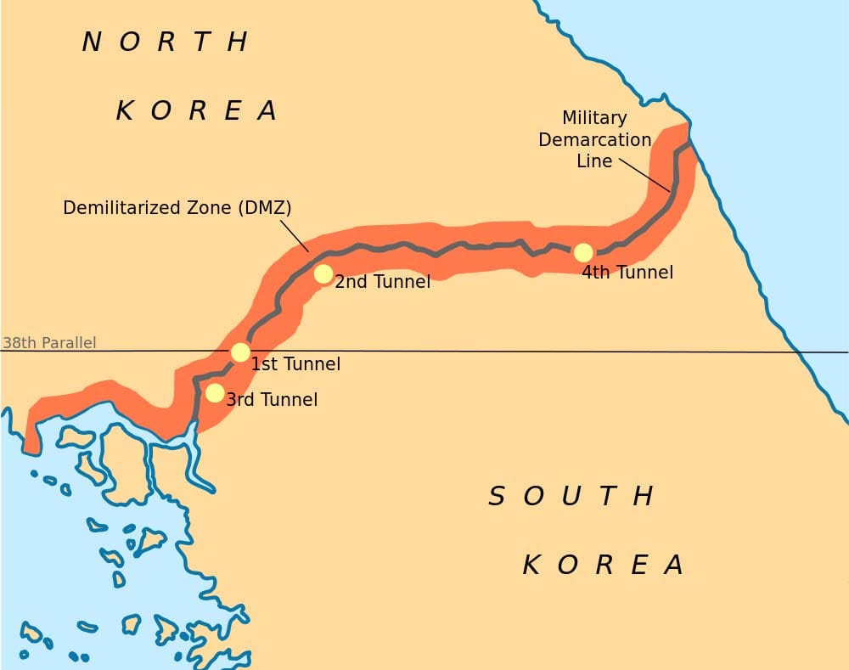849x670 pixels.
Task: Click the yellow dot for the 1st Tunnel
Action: (240, 352)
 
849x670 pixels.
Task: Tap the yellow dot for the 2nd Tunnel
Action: (323, 273)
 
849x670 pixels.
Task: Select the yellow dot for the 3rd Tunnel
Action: (215, 393)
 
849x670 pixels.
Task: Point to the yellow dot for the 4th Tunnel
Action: (583, 252)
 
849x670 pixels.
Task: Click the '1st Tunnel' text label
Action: (295, 364)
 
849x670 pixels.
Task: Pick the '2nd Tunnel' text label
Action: (382, 281)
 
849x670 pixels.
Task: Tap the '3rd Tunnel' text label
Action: (272, 399)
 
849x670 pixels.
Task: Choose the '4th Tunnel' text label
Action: (627, 273)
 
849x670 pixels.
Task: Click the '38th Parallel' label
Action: (49, 343)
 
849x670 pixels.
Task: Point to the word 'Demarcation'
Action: (595, 139)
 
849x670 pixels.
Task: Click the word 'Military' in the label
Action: (594, 118)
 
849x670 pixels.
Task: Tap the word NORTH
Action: (166, 42)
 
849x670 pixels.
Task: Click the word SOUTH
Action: (571, 496)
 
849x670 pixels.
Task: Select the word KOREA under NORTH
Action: (196, 110)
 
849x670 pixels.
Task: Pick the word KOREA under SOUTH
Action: (603, 565)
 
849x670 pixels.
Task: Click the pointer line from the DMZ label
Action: (294, 234)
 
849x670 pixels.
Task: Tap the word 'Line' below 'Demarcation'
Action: (594, 160)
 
